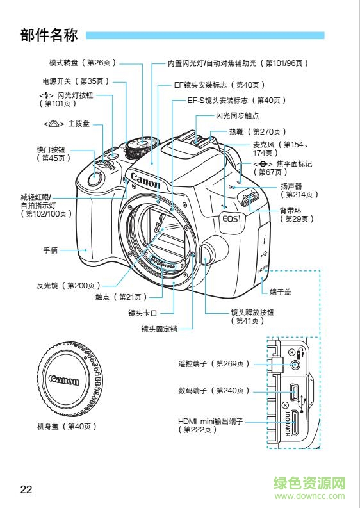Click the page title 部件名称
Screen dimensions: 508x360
click(49, 36)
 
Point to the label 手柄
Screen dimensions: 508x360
click(50, 250)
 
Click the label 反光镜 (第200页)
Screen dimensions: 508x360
click(69, 285)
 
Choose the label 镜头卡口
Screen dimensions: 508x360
click(142, 314)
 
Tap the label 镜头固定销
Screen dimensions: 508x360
click(158, 329)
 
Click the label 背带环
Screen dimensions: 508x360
click(291, 210)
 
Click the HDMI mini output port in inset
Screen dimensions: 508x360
click(295, 423)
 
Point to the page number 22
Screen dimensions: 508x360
click(26, 490)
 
